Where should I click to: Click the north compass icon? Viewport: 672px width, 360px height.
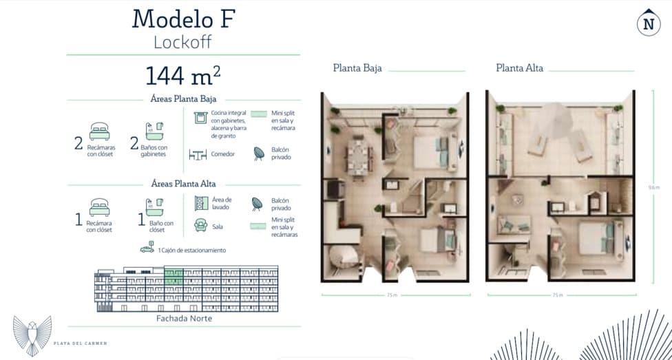pyautogui.click(x=648, y=23)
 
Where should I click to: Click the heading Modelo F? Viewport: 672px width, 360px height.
pyautogui.click(x=183, y=19)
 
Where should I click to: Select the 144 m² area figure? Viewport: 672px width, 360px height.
pyautogui.click(x=182, y=74)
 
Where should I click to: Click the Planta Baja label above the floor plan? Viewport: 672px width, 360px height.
pyautogui.click(x=357, y=68)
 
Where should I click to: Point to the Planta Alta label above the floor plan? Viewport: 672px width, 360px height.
pyautogui.click(x=519, y=68)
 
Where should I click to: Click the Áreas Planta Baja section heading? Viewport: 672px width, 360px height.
pyautogui.click(x=182, y=99)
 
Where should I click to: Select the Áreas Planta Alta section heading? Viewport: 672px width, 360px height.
pyautogui.click(x=182, y=184)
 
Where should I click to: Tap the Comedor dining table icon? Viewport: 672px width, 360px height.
pyautogui.click(x=198, y=155)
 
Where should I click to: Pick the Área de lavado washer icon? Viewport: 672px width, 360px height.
pyautogui.click(x=200, y=203)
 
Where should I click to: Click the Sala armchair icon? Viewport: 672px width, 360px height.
pyautogui.click(x=200, y=225)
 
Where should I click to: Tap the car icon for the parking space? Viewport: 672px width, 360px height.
pyautogui.click(x=147, y=249)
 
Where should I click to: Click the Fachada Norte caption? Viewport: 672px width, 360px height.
pyautogui.click(x=185, y=319)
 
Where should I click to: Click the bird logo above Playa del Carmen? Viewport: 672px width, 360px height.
pyautogui.click(x=32, y=335)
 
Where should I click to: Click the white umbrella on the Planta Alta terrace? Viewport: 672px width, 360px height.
pyautogui.click(x=556, y=118)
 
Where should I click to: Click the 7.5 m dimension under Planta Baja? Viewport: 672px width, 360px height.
pyautogui.click(x=392, y=295)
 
